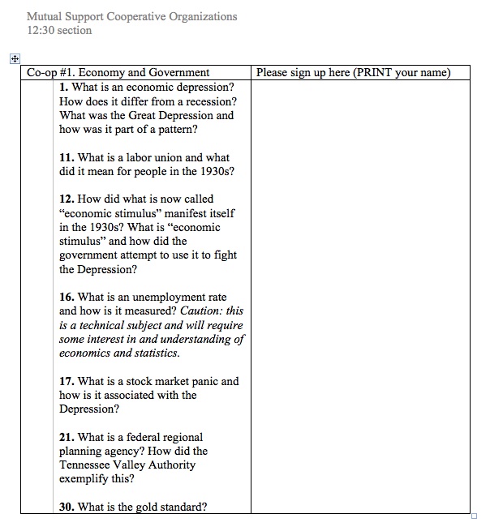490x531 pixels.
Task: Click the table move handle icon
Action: pyautogui.click(x=13, y=58)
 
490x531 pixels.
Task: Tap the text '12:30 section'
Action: pyautogui.click(x=59, y=31)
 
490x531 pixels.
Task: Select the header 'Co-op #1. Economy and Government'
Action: pyautogui.click(x=118, y=73)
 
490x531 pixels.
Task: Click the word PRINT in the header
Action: pyautogui.click(x=375, y=73)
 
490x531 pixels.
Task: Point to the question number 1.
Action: pyautogui.click(x=63, y=87)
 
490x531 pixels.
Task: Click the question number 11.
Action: pyautogui.click(x=67, y=157)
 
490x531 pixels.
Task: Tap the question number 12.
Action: pyautogui.click(x=67, y=199)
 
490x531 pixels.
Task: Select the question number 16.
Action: pyautogui.click(x=67, y=297)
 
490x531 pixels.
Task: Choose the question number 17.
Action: pyautogui.click(x=67, y=381)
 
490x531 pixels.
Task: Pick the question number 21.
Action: pyautogui.click(x=67, y=437)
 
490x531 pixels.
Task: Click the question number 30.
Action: pyautogui.click(x=67, y=507)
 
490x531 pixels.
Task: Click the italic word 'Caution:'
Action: pyautogui.click(x=201, y=310)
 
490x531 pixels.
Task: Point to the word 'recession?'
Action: pyautogui.click(x=207, y=101)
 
